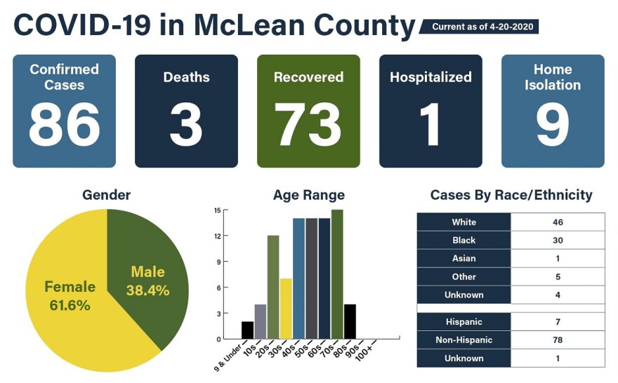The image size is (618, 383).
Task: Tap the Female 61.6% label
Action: pyautogui.click(x=70, y=295)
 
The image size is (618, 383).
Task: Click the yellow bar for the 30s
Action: pyautogui.click(x=286, y=309)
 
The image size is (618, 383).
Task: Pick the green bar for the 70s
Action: pyautogui.click(x=337, y=274)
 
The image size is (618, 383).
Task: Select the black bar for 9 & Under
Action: pyautogui.click(x=247, y=330)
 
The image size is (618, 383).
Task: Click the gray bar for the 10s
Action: pyautogui.click(x=260, y=321)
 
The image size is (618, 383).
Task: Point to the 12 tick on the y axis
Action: pyautogui.click(x=218, y=236)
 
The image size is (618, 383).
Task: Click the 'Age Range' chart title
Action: pyautogui.click(x=308, y=195)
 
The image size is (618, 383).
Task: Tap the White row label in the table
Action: pyautogui.click(x=463, y=222)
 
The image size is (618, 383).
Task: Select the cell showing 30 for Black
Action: pyautogui.click(x=558, y=240)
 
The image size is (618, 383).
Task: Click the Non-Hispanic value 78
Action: pyautogui.click(x=558, y=340)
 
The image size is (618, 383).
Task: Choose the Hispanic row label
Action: pyautogui.click(x=463, y=322)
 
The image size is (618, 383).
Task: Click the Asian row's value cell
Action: pyautogui.click(x=558, y=258)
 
